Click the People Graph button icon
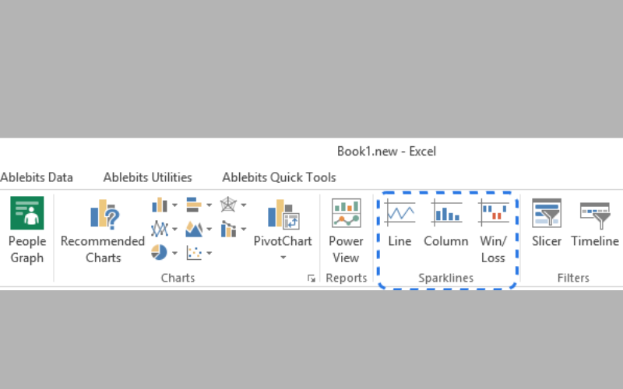(27, 213)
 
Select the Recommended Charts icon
(104, 214)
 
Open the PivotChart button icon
(283, 214)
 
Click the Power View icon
(346, 213)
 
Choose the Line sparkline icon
(400, 213)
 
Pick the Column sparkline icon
(446, 213)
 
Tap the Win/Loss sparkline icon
(493, 213)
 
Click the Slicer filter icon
(547, 213)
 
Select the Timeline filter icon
(595, 216)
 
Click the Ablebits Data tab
(36, 177)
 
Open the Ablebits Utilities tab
(147, 177)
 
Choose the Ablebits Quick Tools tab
(279, 177)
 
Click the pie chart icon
(159, 252)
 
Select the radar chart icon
(228, 205)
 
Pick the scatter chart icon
(194, 253)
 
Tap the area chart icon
(194, 229)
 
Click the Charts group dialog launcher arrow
(311, 279)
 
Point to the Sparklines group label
(445, 278)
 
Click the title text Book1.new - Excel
(386, 151)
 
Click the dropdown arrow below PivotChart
(283, 258)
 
